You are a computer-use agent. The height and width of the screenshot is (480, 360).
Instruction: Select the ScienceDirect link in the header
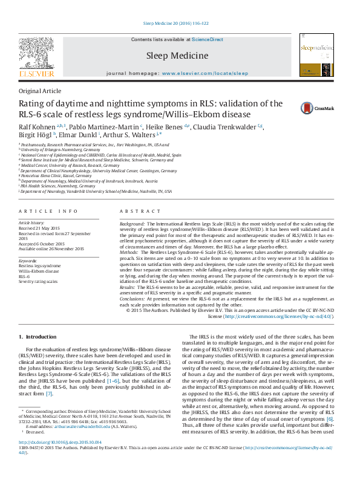click(208, 39)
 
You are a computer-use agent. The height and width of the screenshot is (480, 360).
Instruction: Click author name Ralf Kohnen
click(37, 126)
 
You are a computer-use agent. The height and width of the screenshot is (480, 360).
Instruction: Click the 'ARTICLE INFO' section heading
click(48, 211)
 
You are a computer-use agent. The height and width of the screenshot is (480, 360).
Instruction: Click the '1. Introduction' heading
click(38, 336)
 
